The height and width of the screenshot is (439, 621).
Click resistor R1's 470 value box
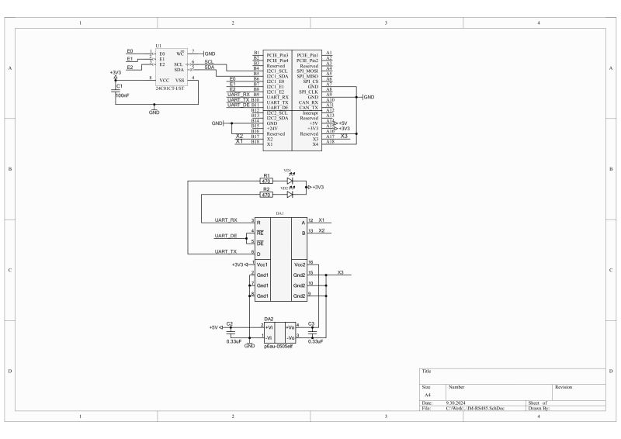266,181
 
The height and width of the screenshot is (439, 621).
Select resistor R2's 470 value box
266,195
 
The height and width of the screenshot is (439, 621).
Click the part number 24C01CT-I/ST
169,89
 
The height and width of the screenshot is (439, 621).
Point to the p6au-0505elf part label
278,346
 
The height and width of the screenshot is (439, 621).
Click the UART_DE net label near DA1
227,235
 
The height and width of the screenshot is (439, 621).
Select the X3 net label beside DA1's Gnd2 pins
341,273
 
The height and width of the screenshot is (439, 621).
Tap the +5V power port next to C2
213,327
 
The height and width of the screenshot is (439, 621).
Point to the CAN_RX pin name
309,102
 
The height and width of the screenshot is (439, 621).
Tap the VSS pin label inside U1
179,80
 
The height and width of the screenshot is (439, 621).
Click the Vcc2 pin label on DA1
299,264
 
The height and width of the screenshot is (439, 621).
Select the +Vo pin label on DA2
289,328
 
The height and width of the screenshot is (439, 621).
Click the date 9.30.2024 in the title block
456,403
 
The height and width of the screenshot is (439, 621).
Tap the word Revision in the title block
563,385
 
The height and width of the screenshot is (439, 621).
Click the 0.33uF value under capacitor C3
315,341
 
